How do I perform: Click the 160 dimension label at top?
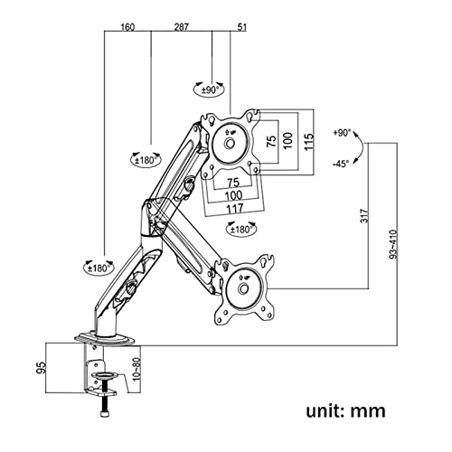tap(127, 27)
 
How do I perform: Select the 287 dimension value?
tap(182, 27)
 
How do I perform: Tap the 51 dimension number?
tap(242, 27)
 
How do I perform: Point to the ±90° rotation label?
tap(210, 89)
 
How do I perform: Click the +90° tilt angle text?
tap(342, 133)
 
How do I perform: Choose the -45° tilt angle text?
tap(341, 164)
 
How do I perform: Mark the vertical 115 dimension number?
tap(308, 141)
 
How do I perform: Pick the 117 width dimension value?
tap(234, 209)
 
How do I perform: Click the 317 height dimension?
tap(364, 216)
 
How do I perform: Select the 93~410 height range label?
tap(393, 244)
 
